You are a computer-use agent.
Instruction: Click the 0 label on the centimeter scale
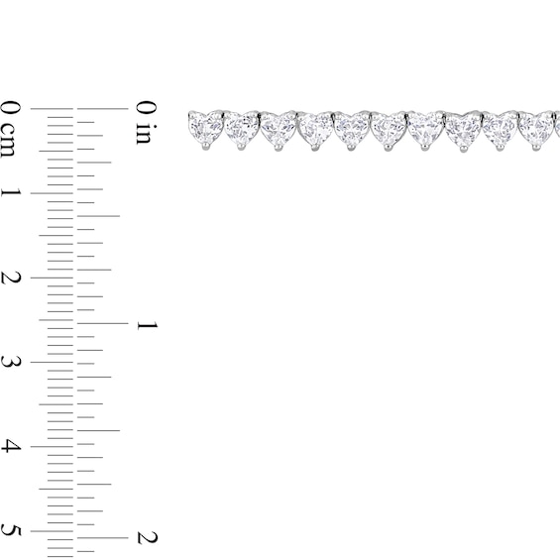point(10,108)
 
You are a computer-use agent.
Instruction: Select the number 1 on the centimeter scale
point(11,193)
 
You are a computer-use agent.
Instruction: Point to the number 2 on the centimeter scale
point(10,278)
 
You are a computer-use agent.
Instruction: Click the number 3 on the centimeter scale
point(10,362)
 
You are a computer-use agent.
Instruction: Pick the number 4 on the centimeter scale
point(10,446)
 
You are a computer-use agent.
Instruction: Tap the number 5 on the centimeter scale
point(10,530)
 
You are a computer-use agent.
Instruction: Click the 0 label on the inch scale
point(147,108)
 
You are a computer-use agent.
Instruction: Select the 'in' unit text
point(147,135)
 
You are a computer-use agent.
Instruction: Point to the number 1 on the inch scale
point(147,325)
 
